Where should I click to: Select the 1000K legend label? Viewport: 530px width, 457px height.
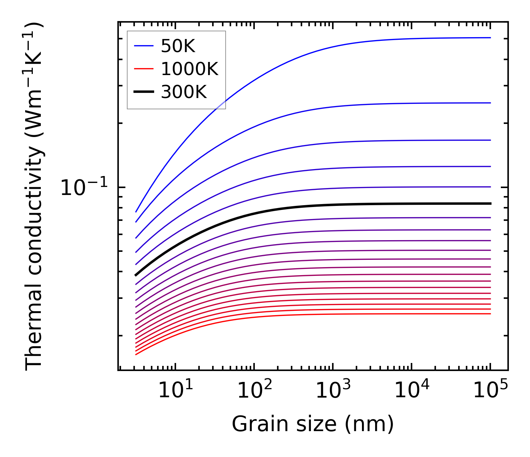190,69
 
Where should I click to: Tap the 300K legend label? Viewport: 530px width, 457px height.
184,92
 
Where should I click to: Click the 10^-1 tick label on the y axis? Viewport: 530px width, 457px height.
84,188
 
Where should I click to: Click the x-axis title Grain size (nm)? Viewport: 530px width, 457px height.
313,424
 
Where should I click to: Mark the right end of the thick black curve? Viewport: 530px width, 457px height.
491,203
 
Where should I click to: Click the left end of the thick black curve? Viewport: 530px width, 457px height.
136,275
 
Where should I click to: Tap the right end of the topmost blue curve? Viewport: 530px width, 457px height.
491,38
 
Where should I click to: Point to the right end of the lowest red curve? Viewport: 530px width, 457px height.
491,314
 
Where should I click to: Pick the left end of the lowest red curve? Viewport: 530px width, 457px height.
136,354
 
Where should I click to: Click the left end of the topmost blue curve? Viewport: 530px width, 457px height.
136,212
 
